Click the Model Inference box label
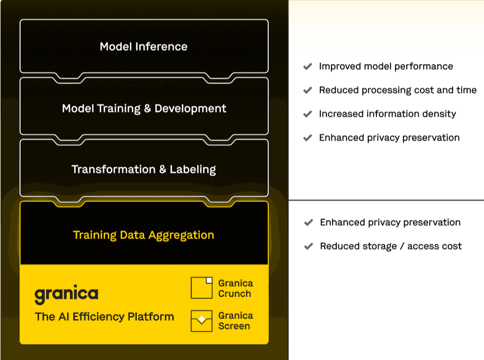click(x=143, y=47)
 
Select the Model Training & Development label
click(x=144, y=109)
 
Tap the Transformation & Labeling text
click(x=144, y=169)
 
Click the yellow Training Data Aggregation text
click(x=143, y=235)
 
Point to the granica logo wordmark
click(x=66, y=294)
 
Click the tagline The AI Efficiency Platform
click(x=104, y=317)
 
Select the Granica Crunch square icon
click(x=202, y=288)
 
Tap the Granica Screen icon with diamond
click(x=202, y=321)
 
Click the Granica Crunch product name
click(x=236, y=288)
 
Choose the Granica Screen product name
click(x=236, y=321)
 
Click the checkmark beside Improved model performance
click(x=307, y=66)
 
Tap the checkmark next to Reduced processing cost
click(x=307, y=90)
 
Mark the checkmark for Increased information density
click(x=307, y=114)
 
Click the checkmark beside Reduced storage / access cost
click(x=309, y=246)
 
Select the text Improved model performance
click(x=386, y=66)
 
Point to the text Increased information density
click(x=387, y=114)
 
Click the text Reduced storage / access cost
click(x=391, y=246)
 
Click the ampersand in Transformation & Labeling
click(x=162, y=169)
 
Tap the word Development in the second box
click(x=191, y=109)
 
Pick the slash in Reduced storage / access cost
click(x=402, y=246)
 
